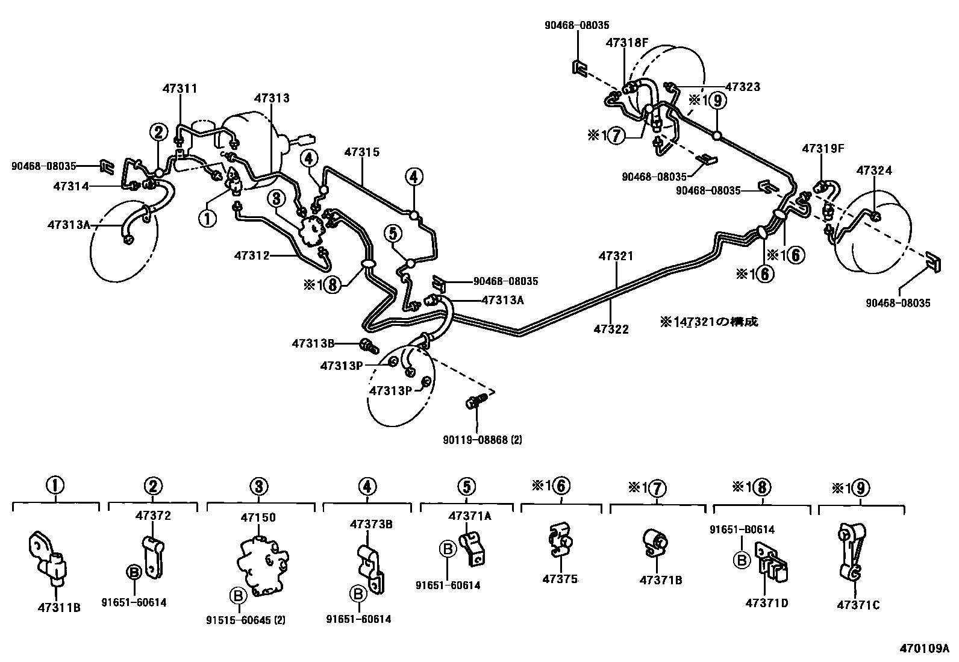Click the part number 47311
coord(180,89)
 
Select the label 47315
coord(362,152)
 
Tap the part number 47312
coord(252,256)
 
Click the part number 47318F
coord(627,43)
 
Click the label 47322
coord(611,329)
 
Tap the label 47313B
coord(313,344)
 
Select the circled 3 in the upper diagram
coord(276,198)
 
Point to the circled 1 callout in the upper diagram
coord(207,218)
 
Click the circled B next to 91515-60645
coord(239,596)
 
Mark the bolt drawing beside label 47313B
coord(368,346)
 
